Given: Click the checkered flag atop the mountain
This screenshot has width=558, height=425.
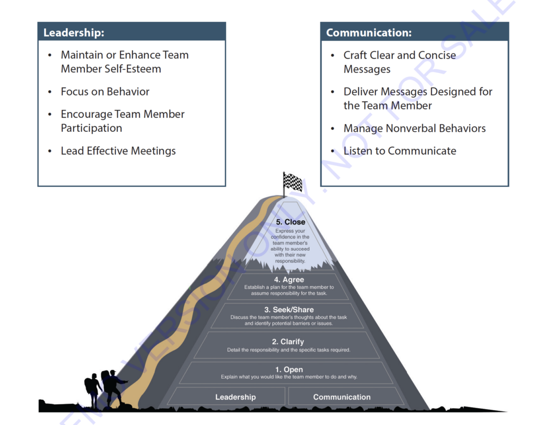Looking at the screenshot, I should [293, 181].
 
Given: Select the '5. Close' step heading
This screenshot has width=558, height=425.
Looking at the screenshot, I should [290, 222].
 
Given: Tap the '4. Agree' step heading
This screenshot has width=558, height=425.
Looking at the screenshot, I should [289, 280].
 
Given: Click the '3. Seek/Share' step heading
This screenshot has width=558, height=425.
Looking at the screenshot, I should [289, 309].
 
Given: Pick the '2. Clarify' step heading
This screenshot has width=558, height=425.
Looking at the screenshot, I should [288, 342].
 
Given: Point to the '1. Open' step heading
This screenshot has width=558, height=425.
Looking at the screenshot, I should [289, 369].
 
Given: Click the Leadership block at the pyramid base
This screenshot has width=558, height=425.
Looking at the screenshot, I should [235, 397].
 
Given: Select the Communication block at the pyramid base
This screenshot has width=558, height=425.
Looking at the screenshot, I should [342, 397].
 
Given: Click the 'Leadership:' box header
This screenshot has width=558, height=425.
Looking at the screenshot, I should [74, 33].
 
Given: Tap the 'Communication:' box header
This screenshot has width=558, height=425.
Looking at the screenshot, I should [369, 33].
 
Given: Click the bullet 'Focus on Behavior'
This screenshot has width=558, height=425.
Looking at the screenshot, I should [105, 92].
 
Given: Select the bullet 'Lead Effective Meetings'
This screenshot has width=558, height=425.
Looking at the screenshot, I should [118, 151].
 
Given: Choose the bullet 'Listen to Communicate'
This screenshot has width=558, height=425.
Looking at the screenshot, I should [399, 151].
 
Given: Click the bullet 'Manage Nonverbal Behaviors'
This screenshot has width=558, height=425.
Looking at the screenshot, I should [414, 129].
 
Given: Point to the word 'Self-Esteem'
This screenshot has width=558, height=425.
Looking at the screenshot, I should [133, 69].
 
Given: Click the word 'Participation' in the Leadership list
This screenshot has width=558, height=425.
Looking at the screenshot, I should [92, 128].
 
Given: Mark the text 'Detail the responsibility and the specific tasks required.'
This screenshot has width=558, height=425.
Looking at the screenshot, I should [288, 350].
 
